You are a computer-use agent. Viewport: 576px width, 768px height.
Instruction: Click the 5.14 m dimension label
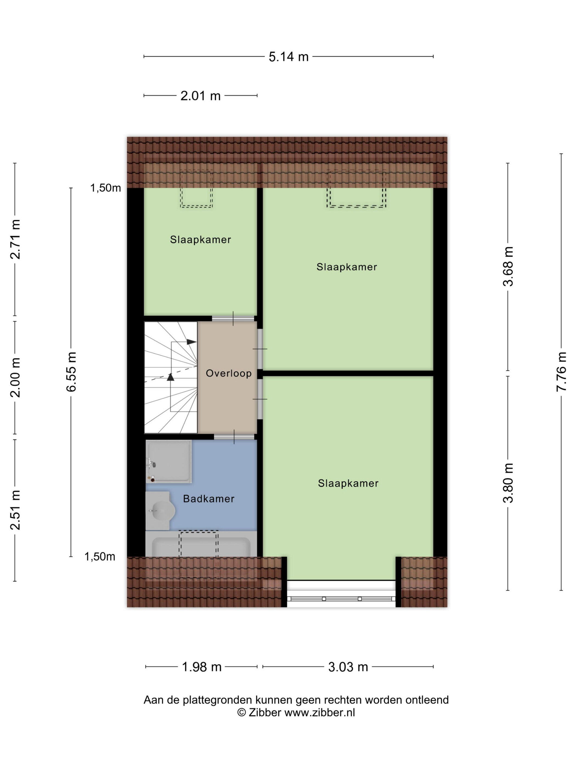pyautogui.click(x=289, y=56)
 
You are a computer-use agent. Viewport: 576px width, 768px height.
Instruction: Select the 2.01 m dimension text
pyautogui.click(x=200, y=95)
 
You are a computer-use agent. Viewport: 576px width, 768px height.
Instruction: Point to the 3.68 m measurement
pyautogui.click(x=508, y=266)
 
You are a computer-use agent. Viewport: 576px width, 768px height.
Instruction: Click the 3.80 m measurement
pyautogui.click(x=508, y=483)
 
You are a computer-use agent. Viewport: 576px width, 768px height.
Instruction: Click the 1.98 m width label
pyautogui.click(x=202, y=667)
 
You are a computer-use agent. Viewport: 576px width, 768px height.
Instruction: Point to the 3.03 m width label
pyautogui.click(x=348, y=667)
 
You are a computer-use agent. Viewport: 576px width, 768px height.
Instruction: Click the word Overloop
pyautogui.click(x=228, y=373)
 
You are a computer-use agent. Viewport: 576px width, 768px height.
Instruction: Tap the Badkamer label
pyautogui.click(x=209, y=499)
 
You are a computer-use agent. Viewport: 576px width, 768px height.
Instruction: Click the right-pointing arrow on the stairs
pyautogui.click(x=191, y=342)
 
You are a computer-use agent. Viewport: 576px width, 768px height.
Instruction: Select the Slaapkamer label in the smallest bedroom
pyautogui.click(x=200, y=239)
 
